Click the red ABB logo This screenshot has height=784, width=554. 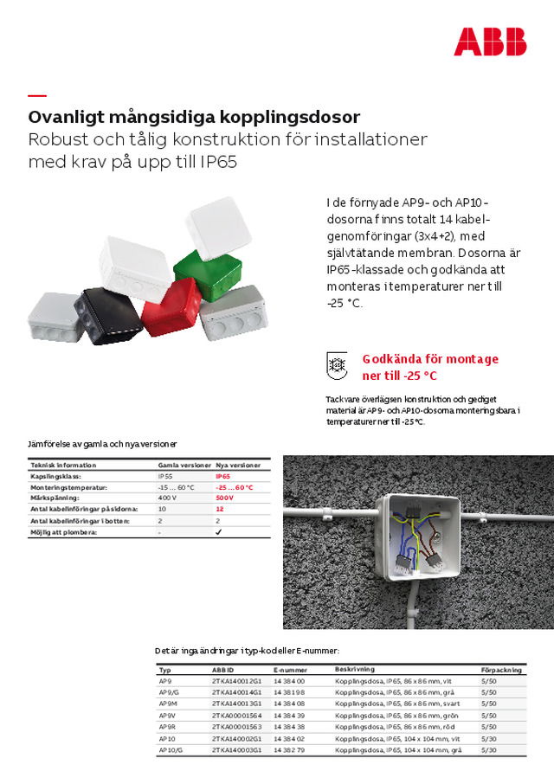click(489, 42)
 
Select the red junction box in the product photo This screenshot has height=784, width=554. click(171, 310)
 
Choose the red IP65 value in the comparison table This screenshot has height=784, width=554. click(223, 476)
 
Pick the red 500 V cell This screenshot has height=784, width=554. click(225, 498)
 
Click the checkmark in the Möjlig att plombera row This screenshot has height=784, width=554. click(219, 532)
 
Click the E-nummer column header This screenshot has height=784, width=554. click(290, 670)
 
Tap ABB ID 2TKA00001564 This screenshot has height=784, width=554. click(236, 716)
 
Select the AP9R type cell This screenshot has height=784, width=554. click(166, 727)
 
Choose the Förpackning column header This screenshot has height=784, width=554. click(501, 670)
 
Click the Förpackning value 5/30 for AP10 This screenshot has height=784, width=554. click(488, 738)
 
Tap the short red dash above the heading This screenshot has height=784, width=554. click(37, 95)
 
